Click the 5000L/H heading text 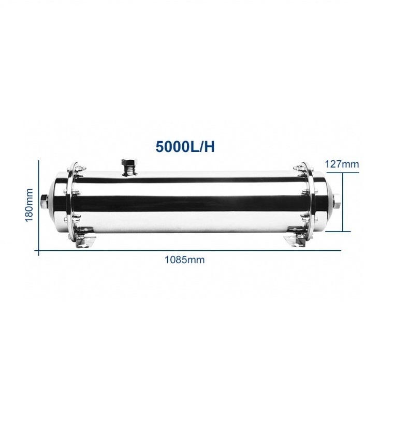pyautogui.click(x=185, y=147)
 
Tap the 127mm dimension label pyautogui.click(x=342, y=164)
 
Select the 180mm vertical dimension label pyautogui.click(x=29, y=205)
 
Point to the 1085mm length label pyautogui.click(x=184, y=260)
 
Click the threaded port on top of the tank pyautogui.click(x=128, y=168)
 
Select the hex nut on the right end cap pyautogui.click(x=336, y=203)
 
